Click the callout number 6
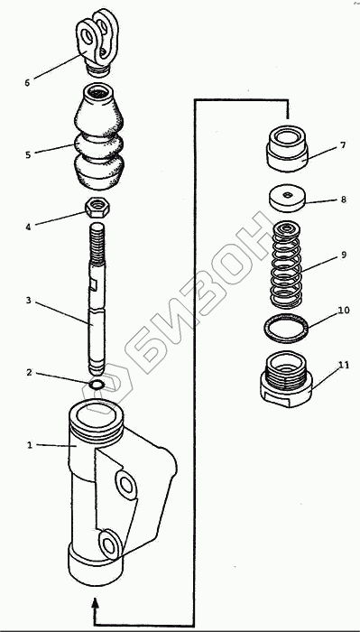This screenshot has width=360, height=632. coord(27,83)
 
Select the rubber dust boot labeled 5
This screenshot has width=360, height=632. coord(98,137)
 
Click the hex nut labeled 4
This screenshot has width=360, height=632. coord(98,208)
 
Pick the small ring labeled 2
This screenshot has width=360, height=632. coord(97,385)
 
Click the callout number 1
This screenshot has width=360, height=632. coord(29,445)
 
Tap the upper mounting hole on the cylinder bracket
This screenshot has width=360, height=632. coord(126,485)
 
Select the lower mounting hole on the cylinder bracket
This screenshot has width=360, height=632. coord(109,545)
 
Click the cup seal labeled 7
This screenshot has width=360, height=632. coord(287,149)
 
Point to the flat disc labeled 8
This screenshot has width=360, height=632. coord(287,198)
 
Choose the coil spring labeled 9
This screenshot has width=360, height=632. coord(287,263)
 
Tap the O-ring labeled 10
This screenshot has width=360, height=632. coord(286,328)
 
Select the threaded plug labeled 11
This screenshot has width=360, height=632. coord(286,378)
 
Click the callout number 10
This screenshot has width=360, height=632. coord(344,311)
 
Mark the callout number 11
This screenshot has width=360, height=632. coord(344,366)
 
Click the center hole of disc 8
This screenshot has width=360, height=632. coord(287,195)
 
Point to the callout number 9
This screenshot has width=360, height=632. coord(344,255)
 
